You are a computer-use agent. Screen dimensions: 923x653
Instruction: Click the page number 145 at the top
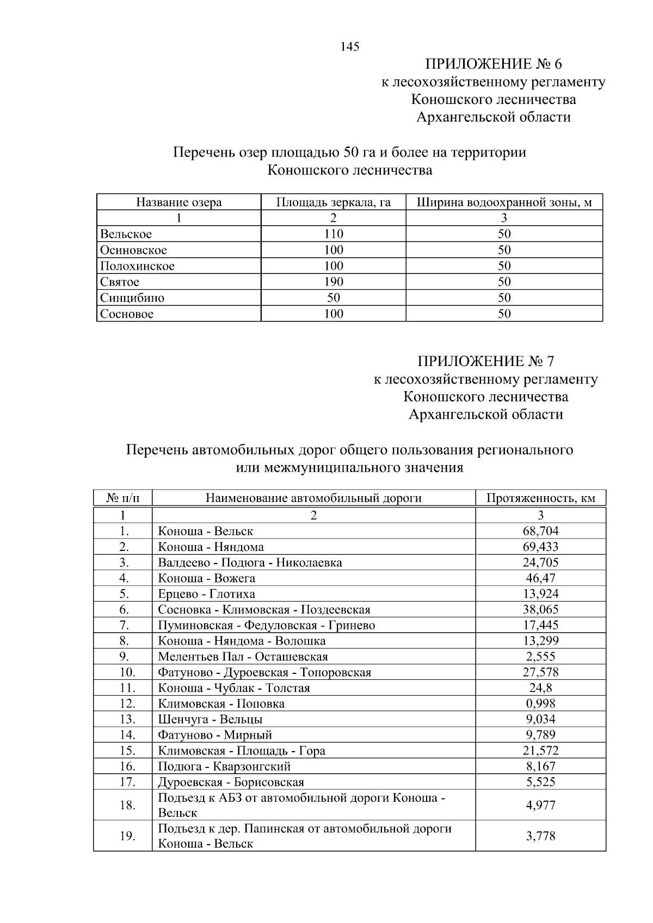point(350,47)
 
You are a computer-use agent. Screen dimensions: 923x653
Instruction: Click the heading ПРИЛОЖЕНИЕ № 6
point(493,64)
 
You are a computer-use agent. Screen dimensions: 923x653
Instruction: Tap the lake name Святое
point(120,282)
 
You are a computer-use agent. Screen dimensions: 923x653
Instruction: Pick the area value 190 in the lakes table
point(333,282)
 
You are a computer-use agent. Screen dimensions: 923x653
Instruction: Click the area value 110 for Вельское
point(333,234)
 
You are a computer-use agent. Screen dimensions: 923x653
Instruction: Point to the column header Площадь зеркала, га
point(333,202)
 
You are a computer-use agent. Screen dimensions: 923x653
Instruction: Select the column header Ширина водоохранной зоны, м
point(504,202)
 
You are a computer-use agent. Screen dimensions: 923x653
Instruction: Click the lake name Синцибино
point(132,298)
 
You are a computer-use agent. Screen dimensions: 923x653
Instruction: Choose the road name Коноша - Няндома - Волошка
point(242,641)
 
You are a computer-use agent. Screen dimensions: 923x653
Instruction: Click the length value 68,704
point(540,531)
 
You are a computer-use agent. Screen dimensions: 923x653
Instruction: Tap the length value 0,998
point(540,703)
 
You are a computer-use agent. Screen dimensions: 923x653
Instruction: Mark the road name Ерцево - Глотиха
point(206,593)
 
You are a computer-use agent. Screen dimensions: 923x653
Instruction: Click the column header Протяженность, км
point(540,498)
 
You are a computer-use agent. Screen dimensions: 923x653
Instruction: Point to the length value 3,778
point(540,835)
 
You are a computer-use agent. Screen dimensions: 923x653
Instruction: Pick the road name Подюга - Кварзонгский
point(224,766)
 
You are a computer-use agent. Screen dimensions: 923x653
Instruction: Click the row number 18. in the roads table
point(127,805)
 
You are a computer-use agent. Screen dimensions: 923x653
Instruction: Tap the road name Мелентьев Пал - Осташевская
point(243,656)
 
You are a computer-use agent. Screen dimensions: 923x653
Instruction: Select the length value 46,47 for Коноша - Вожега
point(540,578)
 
